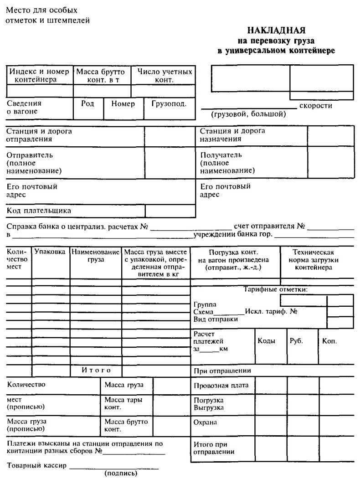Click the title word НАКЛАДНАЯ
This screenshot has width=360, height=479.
click(276, 31)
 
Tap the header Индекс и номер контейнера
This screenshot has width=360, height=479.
click(39, 76)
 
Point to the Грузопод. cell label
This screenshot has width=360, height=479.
click(169, 104)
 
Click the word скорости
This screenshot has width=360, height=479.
click(316, 106)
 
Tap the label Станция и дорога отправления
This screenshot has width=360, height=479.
click(39, 135)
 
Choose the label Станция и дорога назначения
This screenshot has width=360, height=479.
click(232, 135)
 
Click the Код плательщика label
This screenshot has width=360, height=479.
click(39, 211)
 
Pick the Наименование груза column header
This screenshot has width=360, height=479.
click(96, 256)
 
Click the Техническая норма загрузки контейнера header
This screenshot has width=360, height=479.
click(313, 260)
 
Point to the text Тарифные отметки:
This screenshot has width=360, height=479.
click(275, 289)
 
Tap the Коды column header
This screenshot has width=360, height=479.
click(267, 341)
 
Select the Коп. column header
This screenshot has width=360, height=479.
click(329, 341)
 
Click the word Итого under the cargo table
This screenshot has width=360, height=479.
click(96, 371)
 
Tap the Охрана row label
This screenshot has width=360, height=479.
click(206, 422)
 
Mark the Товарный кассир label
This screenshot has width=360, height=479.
click(37, 466)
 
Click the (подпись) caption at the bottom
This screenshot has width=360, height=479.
click(121, 474)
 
